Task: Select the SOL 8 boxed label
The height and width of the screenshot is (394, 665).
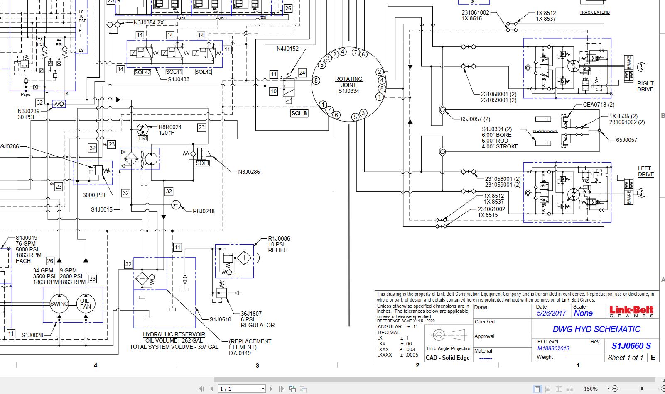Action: coord(299,113)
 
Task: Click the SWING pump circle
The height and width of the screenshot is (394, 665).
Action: coord(59,304)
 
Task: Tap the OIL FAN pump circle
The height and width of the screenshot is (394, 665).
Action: coord(86,304)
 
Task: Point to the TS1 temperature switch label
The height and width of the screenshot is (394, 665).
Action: coord(142,138)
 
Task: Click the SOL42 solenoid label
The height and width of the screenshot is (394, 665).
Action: coord(142,72)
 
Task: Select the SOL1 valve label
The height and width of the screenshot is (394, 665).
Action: coord(202,163)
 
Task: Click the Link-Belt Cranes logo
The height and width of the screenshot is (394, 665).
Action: coord(631,311)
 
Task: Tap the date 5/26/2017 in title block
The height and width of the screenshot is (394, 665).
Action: coord(551,314)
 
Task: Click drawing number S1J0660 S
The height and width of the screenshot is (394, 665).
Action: coord(631,345)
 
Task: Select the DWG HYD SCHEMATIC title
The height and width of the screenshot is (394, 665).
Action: coord(596,329)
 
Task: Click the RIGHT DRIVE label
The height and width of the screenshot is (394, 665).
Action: coord(645,86)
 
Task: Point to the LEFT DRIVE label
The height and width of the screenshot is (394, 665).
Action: coord(645,171)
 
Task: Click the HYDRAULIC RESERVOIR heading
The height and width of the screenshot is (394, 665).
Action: coord(174,334)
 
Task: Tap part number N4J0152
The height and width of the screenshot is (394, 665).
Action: coord(287,49)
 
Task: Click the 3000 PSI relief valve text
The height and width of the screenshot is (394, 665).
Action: coord(94,195)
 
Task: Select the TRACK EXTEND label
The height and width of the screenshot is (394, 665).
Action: coord(594,12)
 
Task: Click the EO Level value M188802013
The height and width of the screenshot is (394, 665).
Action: coord(553,348)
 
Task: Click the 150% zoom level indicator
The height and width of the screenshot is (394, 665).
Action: coord(591,389)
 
